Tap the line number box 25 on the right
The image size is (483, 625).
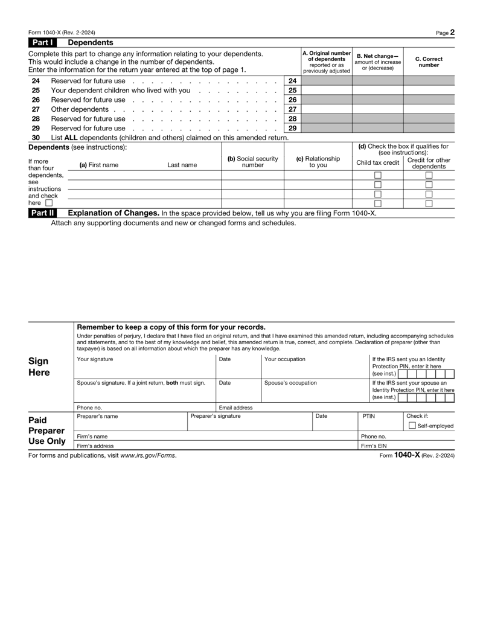click(x=292, y=90)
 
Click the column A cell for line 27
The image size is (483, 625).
click(x=326, y=109)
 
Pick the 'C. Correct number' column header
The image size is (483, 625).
click(x=429, y=62)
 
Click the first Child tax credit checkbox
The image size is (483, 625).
click(x=378, y=176)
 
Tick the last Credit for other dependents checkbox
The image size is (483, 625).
click(x=429, y=204)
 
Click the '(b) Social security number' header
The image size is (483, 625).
click(x=252, y=162)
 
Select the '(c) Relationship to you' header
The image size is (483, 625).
click(x=318, y=162)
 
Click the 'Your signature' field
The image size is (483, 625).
click(x=145, y=368)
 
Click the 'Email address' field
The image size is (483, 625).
click(x=287, y=408)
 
